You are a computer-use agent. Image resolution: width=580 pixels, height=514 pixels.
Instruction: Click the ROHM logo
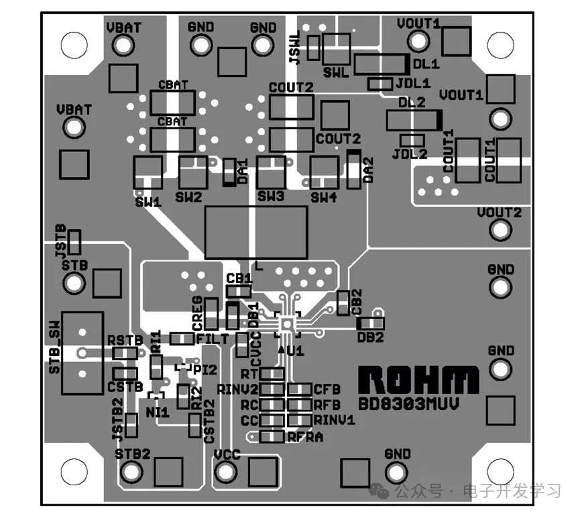point(419,380)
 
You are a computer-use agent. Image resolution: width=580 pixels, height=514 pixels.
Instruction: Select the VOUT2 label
point(499,213)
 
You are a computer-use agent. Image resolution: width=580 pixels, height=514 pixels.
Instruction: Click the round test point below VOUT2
point(499,231)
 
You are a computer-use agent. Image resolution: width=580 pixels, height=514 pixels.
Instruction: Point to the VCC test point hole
point(226,471)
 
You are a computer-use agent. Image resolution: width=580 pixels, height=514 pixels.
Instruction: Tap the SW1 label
point(148,200)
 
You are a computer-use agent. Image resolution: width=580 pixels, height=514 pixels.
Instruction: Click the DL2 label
point(412,103)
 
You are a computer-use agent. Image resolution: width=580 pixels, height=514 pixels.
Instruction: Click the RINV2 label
point(237,389)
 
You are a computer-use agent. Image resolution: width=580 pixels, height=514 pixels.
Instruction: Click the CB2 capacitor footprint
point(343,303)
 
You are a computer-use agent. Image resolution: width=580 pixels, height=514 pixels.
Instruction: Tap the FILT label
point(212,339)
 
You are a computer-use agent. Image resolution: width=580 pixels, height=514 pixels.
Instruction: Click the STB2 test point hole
point(128,471)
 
